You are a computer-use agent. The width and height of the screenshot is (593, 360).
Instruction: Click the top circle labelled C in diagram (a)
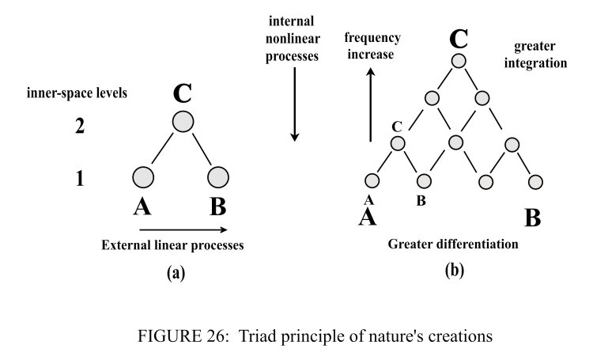tap(183, 123)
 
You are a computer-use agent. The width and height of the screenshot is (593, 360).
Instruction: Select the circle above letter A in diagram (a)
tap(143, 176)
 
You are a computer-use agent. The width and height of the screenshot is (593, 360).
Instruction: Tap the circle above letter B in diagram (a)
tap(218, 176)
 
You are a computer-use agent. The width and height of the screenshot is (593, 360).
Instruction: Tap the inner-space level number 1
tap(79, 179)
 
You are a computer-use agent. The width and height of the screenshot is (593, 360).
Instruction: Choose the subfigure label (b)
tap(454, 271)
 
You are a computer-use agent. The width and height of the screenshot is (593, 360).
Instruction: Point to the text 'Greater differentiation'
tap(453, 244)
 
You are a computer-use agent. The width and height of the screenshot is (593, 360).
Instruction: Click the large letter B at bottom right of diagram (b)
tap(533, 217)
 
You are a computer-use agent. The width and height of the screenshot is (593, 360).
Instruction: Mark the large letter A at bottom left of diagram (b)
tap(367, 217)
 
